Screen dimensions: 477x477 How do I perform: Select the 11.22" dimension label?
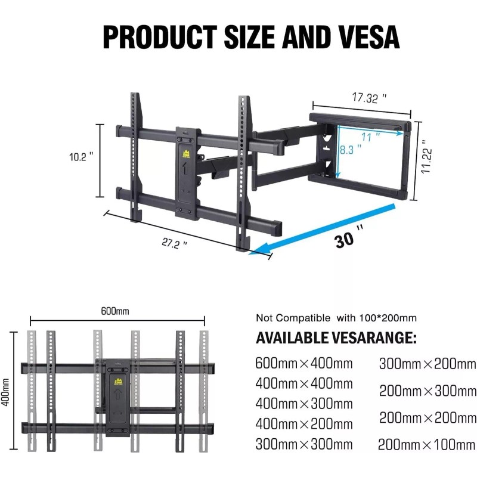click(x=425, y=157)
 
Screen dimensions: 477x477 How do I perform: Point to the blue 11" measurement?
click(x=370, y=137)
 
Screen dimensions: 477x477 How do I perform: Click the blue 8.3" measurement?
click(x=351, y=151)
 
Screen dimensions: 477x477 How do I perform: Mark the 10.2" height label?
click(x=82, y=157)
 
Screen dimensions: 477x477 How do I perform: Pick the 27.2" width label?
click(x=175, y=243)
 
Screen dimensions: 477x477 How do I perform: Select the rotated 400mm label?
click(x=7, y=391)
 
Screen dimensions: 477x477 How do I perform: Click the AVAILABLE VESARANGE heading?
click(x=336, y=339)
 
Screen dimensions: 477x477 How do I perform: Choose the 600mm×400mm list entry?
click(x=304, y=363)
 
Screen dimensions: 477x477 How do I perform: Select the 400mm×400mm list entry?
click(x=304, y=383)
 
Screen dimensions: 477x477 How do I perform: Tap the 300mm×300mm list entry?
click(x=304, y=444)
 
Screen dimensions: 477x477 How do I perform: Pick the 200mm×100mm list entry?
click(x=427, y=444)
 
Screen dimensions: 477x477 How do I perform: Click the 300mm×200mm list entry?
click(x=427, y=363)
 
